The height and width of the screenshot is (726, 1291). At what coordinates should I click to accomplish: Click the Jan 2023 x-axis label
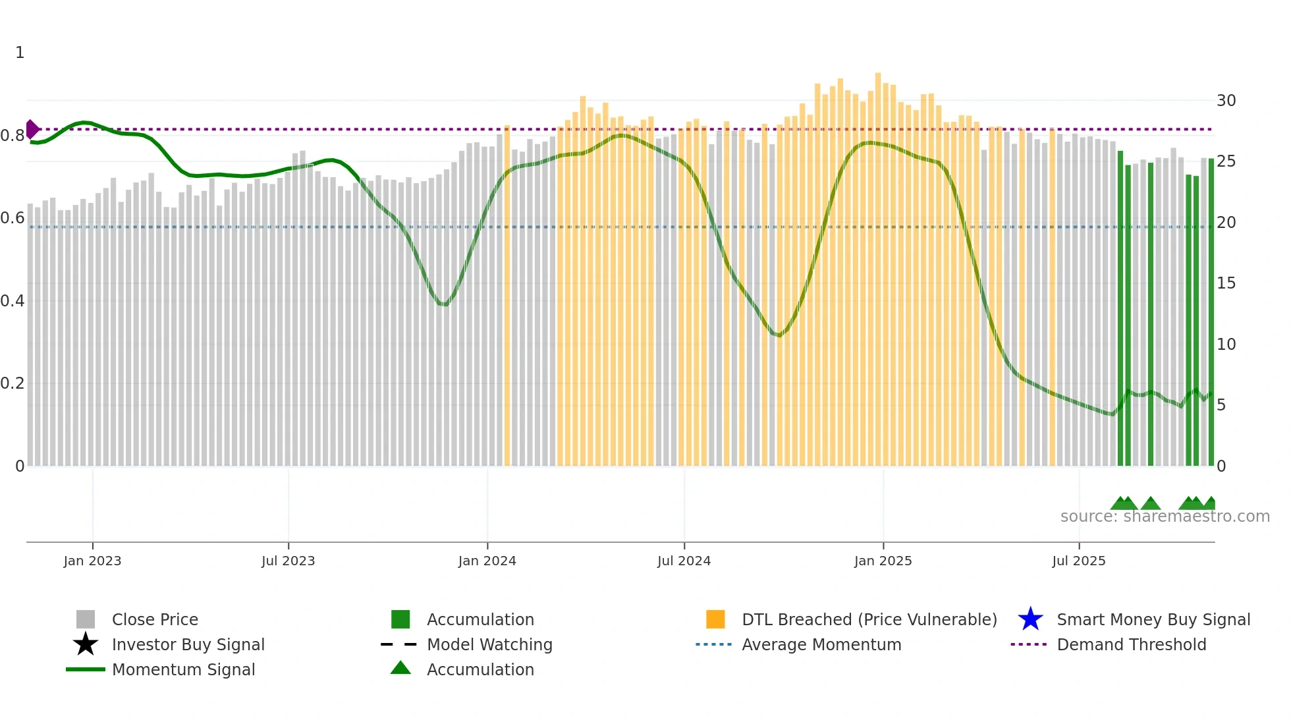click(x=92, y=561)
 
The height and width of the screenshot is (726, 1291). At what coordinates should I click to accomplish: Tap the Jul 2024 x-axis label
click(x=684, y=561)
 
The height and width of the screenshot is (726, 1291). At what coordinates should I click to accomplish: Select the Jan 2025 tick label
click(x=883, y=561)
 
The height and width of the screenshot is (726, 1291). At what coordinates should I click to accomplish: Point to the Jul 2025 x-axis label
click(x=1078, y=561)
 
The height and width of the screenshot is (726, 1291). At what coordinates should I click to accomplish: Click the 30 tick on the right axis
click(x=1226, y=101)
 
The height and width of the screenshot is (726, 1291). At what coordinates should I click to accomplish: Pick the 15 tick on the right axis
click(x=1226, y=283)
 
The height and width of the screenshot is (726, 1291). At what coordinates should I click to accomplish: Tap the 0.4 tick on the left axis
click(x=13, y=301)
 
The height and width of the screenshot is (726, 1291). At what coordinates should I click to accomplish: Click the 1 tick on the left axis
click(x=20, y=53)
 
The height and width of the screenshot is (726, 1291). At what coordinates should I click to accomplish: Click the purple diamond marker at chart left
click(x=32, y=129)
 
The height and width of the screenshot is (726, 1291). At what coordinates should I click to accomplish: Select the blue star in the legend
click(x=1030, y=619)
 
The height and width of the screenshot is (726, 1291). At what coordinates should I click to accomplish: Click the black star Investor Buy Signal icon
click(x=86, y=644)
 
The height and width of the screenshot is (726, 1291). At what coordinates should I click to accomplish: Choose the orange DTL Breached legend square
click(x=715, y=619)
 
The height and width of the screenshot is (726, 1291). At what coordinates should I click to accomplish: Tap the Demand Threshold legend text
click(x=1131, y=644)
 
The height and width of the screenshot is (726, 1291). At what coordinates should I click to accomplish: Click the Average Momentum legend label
click(x=821, y=644)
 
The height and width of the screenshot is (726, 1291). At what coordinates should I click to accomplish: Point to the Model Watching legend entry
click(x=489, y=644)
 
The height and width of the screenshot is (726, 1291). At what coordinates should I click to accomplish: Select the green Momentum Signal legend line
click(x=86, y=669)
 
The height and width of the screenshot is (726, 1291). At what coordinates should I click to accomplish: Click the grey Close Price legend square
click(x=86, y=619)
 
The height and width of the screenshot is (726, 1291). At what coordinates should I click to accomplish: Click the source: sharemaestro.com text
click(x=1165, y=517)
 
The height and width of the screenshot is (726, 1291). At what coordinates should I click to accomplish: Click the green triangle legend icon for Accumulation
click(x=400, y=668)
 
